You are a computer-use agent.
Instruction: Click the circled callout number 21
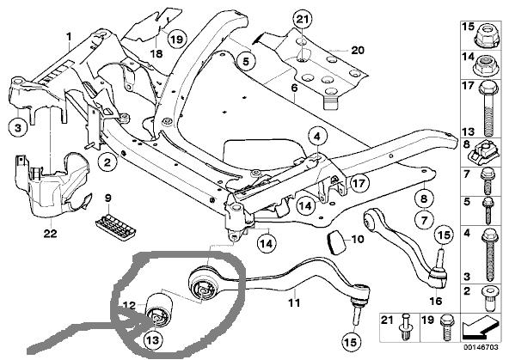tap(302, 20)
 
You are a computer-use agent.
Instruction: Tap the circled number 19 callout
tap(177, 40)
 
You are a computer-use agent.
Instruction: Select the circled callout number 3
tap(18, 128)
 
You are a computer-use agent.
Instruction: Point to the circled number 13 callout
tap(153, 340)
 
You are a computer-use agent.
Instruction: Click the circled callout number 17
tap(359, 184)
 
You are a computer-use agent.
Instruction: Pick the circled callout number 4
tap(317, 137)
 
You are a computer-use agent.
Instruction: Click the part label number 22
tap(51, 234)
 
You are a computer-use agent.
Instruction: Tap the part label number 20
tap(357, 51)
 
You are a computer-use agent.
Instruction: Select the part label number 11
tap(294, 303)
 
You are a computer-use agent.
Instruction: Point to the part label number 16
tap(436, 301)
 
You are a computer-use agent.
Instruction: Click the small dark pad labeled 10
tap(336, 243)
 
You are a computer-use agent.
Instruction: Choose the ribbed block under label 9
tap(115, 227)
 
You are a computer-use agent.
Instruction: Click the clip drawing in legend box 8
tap(483, 154)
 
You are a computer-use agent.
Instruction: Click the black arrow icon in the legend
tap(480, 326)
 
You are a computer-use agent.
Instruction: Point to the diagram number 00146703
tap(481, 347)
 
